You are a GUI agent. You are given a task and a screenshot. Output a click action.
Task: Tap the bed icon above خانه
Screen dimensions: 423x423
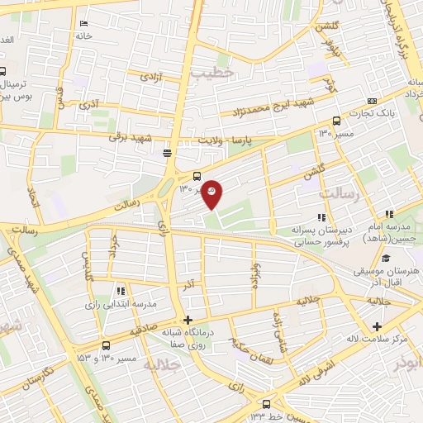pos(83,24)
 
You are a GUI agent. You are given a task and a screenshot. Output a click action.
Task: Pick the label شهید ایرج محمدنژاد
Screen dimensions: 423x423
pos(267,107)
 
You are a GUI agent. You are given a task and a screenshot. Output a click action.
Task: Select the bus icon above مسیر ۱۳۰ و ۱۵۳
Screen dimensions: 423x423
pos(106,346)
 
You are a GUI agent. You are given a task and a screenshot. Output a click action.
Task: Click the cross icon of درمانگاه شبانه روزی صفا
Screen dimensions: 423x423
pos(188,321)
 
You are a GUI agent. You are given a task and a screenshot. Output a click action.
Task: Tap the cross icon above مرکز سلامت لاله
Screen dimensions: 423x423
pos(378,326)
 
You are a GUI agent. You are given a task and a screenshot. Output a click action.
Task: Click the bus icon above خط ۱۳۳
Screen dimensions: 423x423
pos(253,405)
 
